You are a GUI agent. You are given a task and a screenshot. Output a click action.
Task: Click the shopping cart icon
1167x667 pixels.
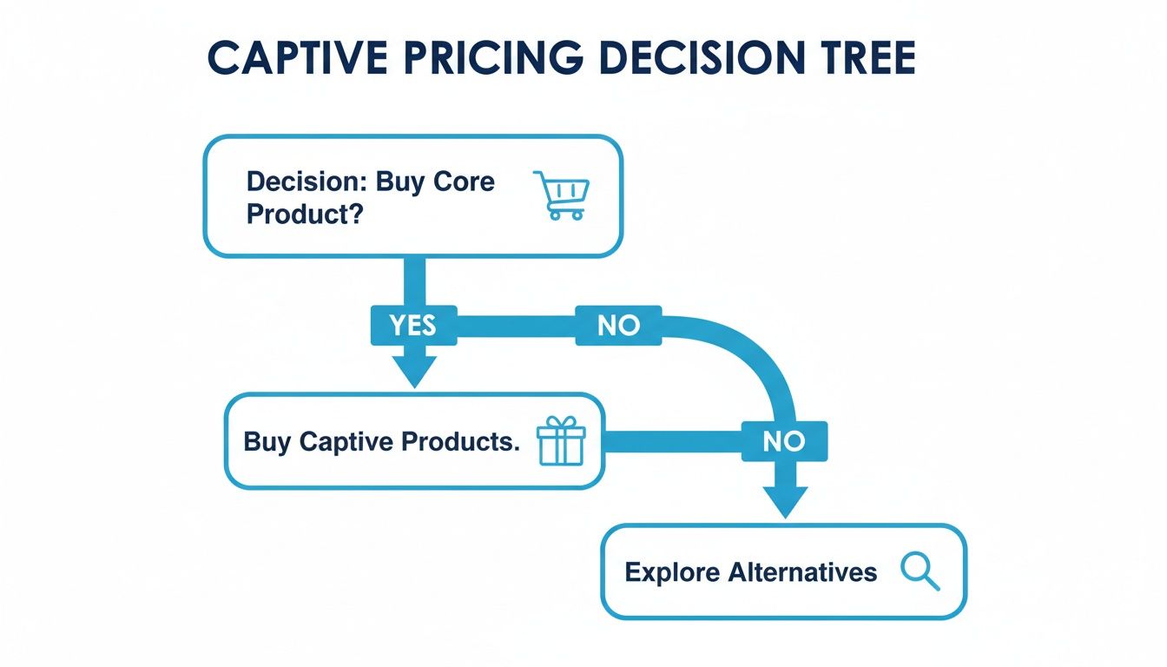pyautogui.click(x=560, y=195)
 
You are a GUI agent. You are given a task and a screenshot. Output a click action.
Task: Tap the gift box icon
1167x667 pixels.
pyautogui.click(x=561, y=440)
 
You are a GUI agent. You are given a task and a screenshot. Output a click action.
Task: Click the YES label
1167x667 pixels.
pyautogui.click(x=412, y=325)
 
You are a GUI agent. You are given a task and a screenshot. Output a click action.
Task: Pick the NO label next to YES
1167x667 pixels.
pyautogui.click(x=618, y=325)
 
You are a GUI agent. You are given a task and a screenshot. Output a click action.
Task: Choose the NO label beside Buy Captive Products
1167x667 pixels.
pyautogui.click(x=783, y=441)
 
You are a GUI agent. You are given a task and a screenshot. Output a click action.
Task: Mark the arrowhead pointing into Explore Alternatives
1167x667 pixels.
pyautogui.click(x=784, y=501)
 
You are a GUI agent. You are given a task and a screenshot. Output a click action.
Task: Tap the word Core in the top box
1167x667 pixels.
pyautogui.click(x=464, y=182)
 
